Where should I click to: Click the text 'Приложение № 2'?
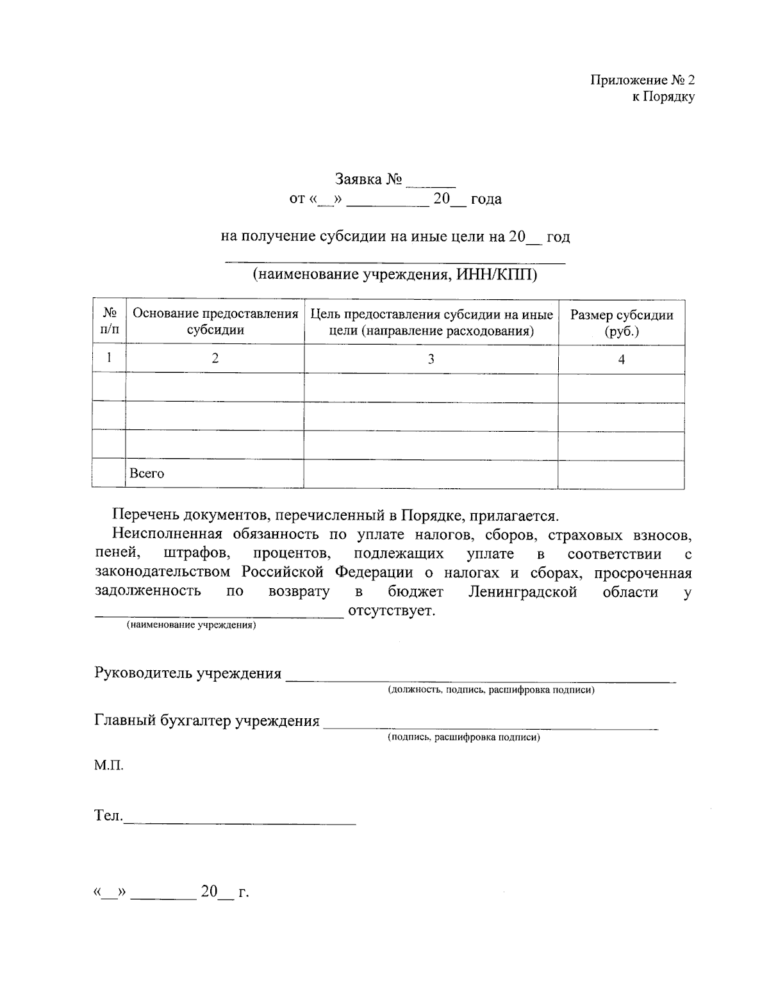(x=642, y=81)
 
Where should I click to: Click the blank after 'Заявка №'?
(x=430, y=181)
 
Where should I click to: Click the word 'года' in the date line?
(x=486, y=199)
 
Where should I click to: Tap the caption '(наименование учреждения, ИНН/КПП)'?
(x=395, y=275)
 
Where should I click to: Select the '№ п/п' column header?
(x=110, y=322)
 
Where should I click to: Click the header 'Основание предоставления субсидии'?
(x=215, y=322)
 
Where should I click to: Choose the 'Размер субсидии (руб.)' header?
(x=621, y=322)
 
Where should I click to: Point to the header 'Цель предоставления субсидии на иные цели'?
(x=431, y=322)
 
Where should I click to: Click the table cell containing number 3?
(x=431, y=359)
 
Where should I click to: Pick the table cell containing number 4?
(x=621, y=359)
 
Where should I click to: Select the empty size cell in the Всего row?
(x=621, y=474)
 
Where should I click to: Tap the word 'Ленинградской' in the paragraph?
(x=522, y=591)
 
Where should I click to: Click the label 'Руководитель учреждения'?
(x=188, y=673)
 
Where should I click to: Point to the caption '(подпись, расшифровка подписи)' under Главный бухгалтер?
(x=463, y=737)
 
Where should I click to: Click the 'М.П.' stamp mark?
(x=109, y=765)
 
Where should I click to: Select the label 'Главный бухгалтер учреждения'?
(x=207, y=721)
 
